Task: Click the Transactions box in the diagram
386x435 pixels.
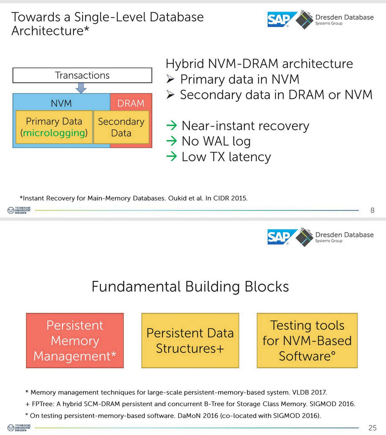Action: tap(82, 75)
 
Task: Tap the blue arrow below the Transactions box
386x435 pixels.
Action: tap(81, 88)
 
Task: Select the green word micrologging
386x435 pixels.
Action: tap(54, 133)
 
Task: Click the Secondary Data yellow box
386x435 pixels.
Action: tap(121, 127)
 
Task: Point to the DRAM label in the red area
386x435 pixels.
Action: tap(131, 103)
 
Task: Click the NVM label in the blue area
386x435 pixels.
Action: tap(61, 103)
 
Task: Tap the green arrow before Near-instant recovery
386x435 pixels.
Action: tap(171, 126)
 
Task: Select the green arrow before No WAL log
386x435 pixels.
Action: tap(171, 141)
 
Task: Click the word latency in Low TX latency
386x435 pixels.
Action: tap(250, 157)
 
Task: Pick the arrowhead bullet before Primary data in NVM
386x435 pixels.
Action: tap(170, 79)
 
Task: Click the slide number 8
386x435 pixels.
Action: tap(372, 210)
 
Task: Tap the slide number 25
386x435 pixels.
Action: tap(372, 428)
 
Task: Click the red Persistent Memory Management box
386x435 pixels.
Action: tap(75, 340)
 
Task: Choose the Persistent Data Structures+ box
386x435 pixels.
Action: tap(190, 340)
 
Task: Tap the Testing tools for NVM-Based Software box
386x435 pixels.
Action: tap(307, 340)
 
